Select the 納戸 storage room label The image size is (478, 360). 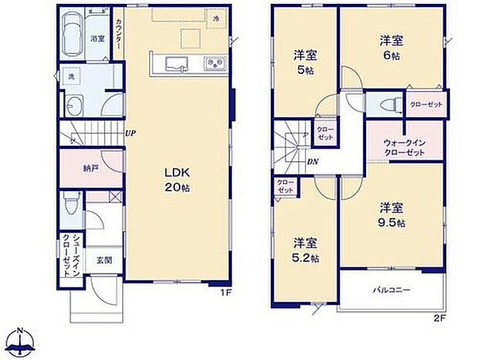coord(90,167)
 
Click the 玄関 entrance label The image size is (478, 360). coord(104,260)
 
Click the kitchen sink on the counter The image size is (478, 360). coord(177,64)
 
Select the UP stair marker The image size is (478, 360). coord(131,133)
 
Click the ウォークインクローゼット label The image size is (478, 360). coord(404,146)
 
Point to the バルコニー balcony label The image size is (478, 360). coord(392,291)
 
